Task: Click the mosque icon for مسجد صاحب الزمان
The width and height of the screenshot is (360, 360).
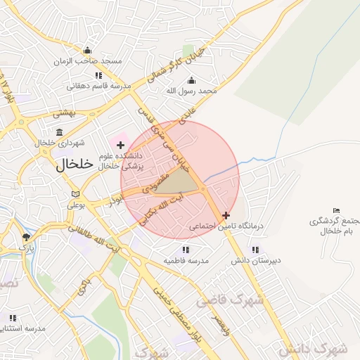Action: (86, 50)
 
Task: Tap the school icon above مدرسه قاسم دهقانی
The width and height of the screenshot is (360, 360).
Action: (98, 75)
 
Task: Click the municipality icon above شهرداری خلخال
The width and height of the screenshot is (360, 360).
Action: (58, 131)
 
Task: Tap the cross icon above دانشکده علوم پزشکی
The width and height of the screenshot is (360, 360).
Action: (120, 144)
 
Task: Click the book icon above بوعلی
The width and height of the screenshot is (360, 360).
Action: (75, 194)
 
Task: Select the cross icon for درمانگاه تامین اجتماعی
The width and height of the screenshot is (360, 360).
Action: (225, 215)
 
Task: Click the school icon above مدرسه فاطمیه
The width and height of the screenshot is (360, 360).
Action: (186, 249)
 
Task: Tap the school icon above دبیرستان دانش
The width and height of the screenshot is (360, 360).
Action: (255, 249)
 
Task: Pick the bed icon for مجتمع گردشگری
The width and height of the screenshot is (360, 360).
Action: (336, 210)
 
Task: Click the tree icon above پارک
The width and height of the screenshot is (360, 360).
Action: (26, 237)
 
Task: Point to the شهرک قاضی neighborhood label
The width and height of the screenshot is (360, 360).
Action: (230, 300)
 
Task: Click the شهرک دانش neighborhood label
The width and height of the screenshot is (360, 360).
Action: (312, 348)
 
